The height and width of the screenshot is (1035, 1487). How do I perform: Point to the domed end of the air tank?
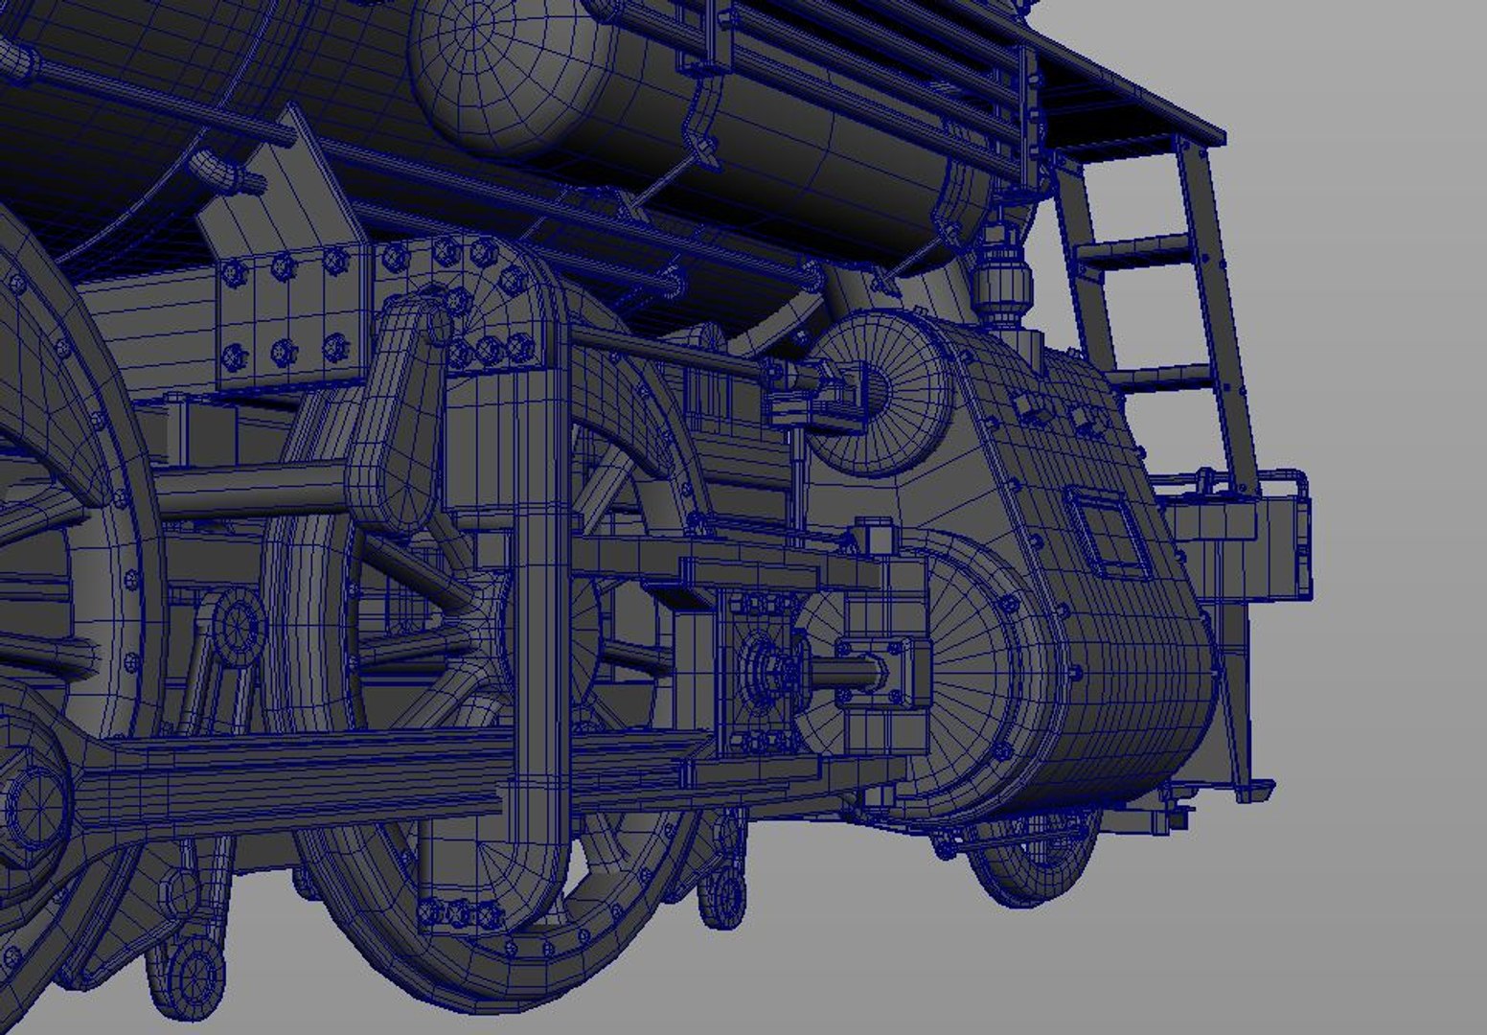pyautogui.click(x=469, y=72)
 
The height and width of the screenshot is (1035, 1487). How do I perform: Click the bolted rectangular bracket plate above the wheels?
pyautogui.click(x=287, y=316)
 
